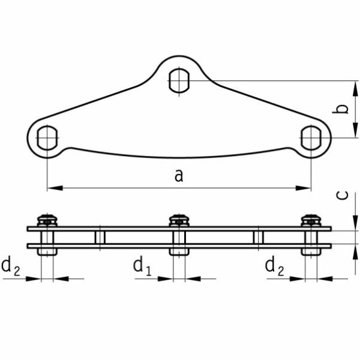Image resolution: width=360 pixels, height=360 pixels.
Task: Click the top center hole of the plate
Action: tap(179, 80)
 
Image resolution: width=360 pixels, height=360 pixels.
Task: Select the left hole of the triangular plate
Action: tap(47, 138)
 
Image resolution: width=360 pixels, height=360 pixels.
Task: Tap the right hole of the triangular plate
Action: tap(311, 138)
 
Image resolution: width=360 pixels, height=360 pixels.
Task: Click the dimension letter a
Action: tap(179, 176)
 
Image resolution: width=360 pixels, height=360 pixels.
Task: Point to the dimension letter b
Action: tap(340, 109)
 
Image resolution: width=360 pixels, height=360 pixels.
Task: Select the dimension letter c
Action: tap(342, 196)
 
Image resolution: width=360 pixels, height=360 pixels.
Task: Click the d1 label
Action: tap(142, 266)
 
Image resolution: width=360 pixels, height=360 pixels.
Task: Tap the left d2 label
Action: tap(11, 266)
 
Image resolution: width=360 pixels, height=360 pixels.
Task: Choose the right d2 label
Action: tap(274, 266)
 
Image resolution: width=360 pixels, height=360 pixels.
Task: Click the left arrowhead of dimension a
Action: tap(55, 188)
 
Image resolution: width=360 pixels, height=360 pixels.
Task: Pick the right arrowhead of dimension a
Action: tap(303, 188)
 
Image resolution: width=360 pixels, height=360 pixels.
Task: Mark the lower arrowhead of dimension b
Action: tap(355, 130)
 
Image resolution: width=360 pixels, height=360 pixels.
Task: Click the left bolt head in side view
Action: tap(47, 220)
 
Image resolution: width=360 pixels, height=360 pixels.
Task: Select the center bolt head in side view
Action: tap(179, 220)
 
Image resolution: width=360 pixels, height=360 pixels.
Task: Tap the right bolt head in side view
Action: tap(311, 220)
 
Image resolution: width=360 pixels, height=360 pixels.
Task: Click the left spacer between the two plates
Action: tap(100, 238)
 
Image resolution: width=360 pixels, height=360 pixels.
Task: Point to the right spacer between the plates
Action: tap(258, 238)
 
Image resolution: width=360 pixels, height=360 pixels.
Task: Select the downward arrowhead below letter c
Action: tap(355, 223)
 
